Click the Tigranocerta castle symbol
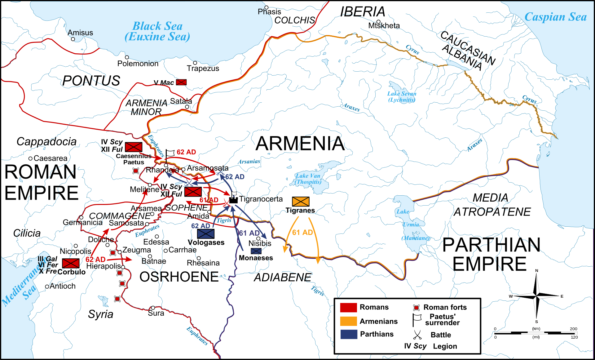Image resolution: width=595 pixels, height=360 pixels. (233, 199)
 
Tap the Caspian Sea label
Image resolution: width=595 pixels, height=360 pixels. (555, 17)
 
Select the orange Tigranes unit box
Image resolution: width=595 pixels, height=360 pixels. (301, 202)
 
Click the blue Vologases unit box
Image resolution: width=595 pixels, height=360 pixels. (206, 234)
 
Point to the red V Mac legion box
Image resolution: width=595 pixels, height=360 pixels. (181, 82)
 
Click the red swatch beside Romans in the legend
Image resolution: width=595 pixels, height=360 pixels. (348, 307)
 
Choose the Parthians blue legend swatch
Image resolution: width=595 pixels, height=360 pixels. (348, 334)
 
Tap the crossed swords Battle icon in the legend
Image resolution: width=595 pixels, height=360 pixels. (417, 335)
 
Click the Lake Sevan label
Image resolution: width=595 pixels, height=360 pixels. (402, 96)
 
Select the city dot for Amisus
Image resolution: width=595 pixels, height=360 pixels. (73, 39)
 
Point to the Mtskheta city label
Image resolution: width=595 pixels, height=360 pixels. (384, 26)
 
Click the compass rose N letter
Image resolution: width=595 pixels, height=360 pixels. (537, 271)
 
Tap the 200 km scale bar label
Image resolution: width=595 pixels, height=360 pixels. (573, 329)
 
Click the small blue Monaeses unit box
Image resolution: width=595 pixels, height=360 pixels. (256, 251)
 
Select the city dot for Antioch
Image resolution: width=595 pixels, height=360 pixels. (47, 287)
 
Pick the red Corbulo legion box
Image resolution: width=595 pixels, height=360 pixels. (71, 263)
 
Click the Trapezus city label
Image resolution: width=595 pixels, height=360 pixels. (203, 69)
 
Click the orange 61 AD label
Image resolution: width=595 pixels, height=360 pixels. (302, 232)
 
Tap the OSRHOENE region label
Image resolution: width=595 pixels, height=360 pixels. (179, 277)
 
